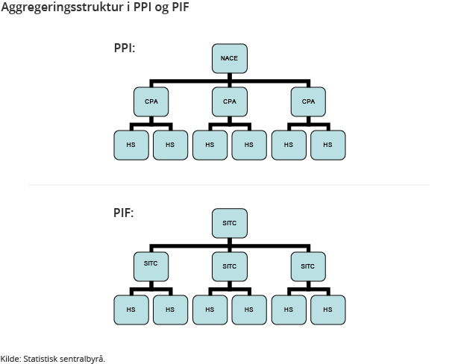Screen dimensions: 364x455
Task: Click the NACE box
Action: click(x=229, y=58)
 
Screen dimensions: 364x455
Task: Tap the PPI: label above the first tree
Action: click(x=124, y=48)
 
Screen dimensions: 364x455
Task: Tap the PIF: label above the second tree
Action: click(x=124, y=213)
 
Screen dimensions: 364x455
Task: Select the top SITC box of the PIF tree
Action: click(x=229, y=223)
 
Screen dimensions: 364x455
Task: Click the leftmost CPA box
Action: click(x=151, y=101)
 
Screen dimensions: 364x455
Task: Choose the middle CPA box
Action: click(x=229, y=101)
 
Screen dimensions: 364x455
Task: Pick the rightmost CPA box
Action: click(x=308, y=101)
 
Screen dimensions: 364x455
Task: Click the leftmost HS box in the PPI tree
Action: click(x=131, y=145)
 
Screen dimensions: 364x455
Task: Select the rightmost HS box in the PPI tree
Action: click(x=327, y=145)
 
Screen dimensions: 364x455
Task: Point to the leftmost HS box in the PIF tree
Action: click(x=131, y=309)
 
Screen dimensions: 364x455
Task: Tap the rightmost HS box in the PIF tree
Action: click(x=327, y=309)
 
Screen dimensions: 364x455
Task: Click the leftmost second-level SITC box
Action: click(x=151, y=266)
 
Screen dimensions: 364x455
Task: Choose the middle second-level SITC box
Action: click(x=229, y=266)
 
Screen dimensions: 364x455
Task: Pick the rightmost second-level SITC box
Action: click(x=308, y=266)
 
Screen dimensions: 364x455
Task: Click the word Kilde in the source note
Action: click(x=10, y=359)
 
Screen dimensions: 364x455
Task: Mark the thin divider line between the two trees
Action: click(x=228, y=184)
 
